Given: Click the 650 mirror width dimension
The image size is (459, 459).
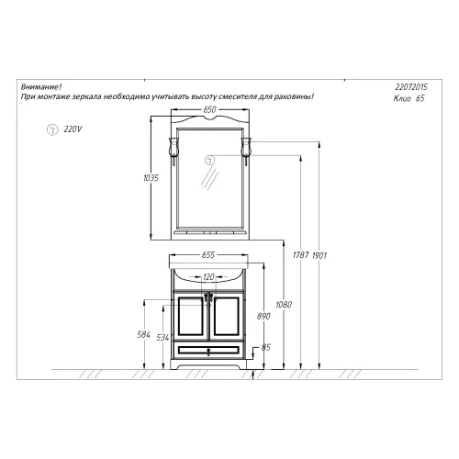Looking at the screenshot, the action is [209, 109].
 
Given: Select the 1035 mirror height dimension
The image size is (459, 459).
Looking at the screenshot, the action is [151, 178].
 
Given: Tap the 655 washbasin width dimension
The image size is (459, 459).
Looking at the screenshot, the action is [208, 254].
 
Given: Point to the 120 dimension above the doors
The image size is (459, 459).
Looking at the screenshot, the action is [208, 277].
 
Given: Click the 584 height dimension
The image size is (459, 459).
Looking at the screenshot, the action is [143, 335].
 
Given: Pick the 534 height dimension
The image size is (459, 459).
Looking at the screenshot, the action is [162, 338].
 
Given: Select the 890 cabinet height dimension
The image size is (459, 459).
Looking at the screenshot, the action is [263, 316].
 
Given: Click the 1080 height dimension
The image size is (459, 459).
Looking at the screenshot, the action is [284, 305].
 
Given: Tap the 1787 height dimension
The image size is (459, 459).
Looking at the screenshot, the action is [301, 255].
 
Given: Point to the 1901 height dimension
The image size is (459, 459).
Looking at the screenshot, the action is [319, 255].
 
